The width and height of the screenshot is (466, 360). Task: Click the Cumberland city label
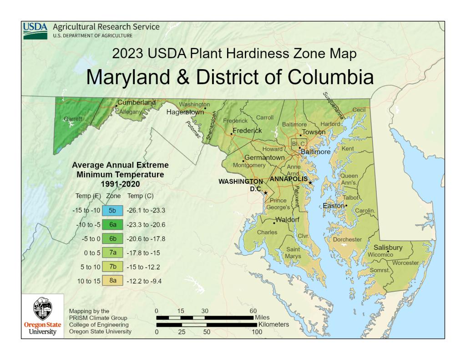tap(137, 102)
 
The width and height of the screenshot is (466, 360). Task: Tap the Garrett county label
tap(73, 119)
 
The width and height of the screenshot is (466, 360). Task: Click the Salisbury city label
tap(388, 248)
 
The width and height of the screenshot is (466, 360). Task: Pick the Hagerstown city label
tap(185, 112)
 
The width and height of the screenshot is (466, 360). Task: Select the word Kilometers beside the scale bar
tap(274, 325)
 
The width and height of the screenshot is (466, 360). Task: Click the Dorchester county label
tap(347, 239)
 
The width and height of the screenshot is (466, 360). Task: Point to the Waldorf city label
tap(288, 220)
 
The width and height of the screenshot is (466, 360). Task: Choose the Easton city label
tap(334, 206)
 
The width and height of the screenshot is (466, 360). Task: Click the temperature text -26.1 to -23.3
tap(146, 211)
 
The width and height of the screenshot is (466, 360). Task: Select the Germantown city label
tap(264, 157)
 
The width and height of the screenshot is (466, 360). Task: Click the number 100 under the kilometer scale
tap(257, 332)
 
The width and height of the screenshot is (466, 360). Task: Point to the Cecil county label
tap(359, 110)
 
